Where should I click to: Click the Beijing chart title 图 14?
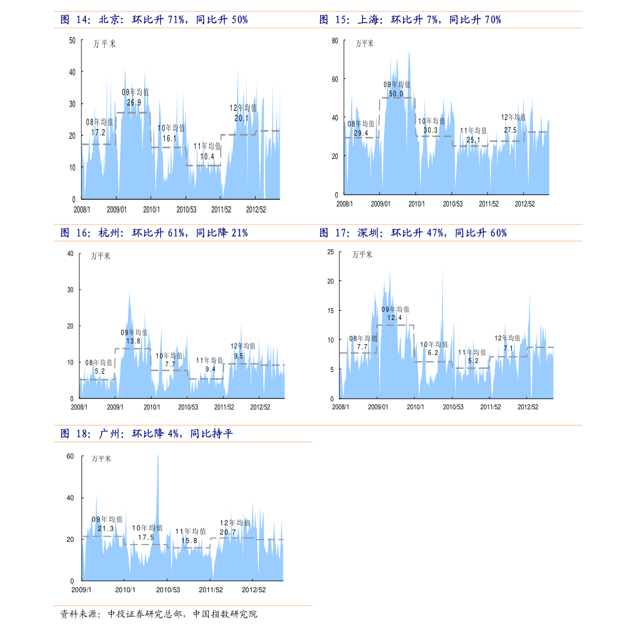[x=154, y=19]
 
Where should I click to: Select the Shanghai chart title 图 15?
[x=410, y=19]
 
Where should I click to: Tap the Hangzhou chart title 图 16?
[x=154, y=233]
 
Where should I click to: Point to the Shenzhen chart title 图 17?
[x=412, y=233]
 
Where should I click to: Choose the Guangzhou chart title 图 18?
[x=146, y=433]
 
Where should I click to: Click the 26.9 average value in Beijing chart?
[x=134, y=103]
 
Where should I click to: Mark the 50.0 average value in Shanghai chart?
[x=396, y=94]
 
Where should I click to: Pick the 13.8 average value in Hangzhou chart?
[x=133, y=341]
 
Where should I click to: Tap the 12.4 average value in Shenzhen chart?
[x=394, y=317]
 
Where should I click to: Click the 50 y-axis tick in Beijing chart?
[x=72, y=40]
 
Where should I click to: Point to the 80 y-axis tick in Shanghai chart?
[x=335, y=41]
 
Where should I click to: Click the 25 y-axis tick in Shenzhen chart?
[x=331, y=252]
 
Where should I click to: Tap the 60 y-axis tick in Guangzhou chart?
[x=70, y=456]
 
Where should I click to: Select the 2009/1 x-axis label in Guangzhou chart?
[x=81, y=590]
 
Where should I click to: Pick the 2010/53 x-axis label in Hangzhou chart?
[x=188, y=407]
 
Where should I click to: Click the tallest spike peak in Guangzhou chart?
[x=158, y=456]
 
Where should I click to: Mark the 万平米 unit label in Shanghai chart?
[x=365, y=44]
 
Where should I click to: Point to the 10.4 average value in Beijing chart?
[x=207, y=157]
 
